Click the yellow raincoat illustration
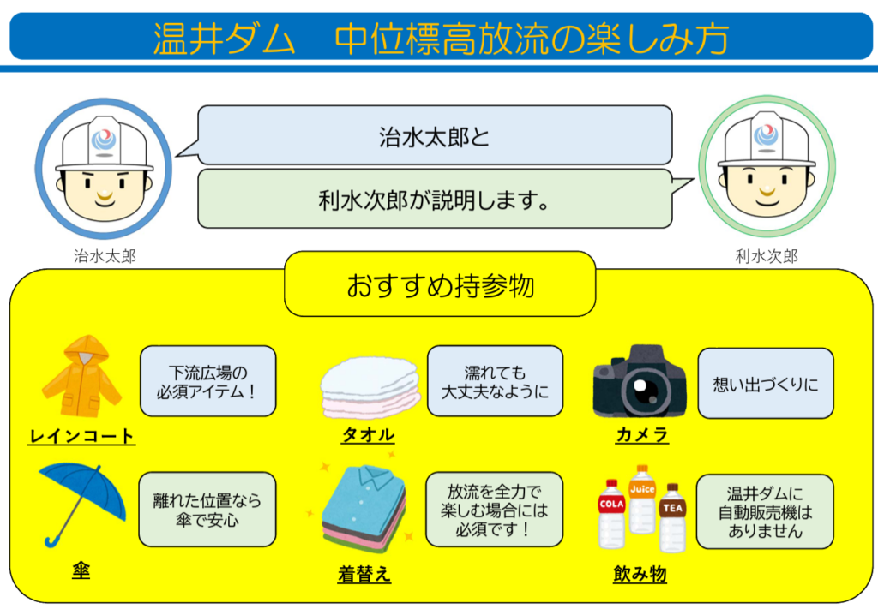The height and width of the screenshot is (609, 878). [x=81, y=376]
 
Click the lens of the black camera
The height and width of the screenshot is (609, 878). [x=640, y=391]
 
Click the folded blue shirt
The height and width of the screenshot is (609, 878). [x=364, y=498]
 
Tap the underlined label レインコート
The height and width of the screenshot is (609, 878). [x=81, y=437]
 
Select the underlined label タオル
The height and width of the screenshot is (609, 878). [x=368, y=435]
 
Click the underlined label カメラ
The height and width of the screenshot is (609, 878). [x=642, y=435]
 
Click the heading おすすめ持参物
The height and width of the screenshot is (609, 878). [x=440, y=285]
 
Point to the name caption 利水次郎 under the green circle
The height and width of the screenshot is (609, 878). [x=766, y=256]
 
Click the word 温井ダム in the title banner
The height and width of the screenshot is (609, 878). [x=224, y=39]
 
